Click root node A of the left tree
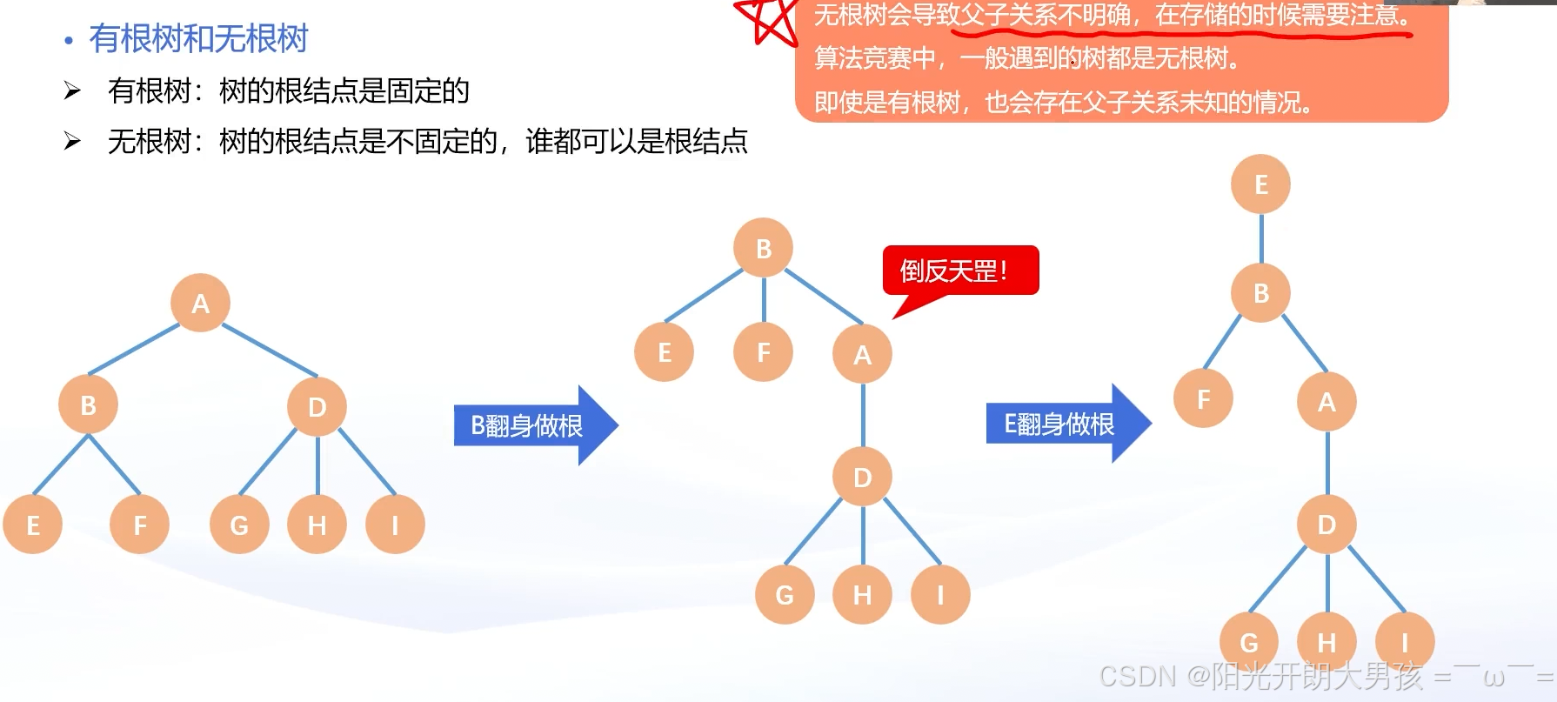(200, 303)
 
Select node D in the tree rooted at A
(317, 406)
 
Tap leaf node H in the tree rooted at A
(317, 525)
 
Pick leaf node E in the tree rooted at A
(33, 525)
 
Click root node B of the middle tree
(764, 248)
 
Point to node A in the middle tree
(862, 354)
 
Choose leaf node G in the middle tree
(785, 594)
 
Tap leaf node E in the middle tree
(665, 352)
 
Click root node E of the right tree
(1261, 184)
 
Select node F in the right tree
(1203, 398)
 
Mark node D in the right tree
(1326, 524)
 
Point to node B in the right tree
(1261, 293)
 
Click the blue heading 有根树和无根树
(198, 38)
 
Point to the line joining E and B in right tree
(1261, 238)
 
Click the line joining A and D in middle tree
(863, 416)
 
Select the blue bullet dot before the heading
(69, 40)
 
